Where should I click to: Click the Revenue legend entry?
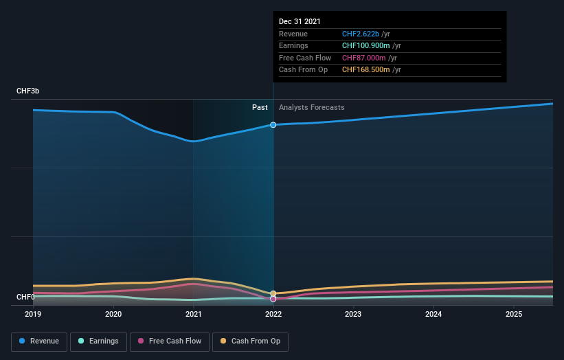(x=38, y=341)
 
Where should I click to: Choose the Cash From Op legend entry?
(x=250, y=341)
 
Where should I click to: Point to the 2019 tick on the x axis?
(x=33, y=314)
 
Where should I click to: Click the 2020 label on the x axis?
(x=113, y=314)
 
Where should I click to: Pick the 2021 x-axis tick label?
(x=193, y=314)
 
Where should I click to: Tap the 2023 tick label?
(x=353, y=314)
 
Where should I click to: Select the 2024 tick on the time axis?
(x=433, y=314)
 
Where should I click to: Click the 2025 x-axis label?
(x=513, y=314)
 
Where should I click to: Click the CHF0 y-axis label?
(x=25, y=297)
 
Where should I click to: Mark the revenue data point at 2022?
(x=273, y=124)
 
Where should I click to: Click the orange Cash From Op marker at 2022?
(x=273, y=293)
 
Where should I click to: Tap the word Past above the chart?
(x=260, y=107)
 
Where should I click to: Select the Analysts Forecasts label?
(x=311, y=107)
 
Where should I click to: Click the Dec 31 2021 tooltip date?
(x=300, y=22)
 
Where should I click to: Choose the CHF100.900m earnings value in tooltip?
(x=365, y=45)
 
